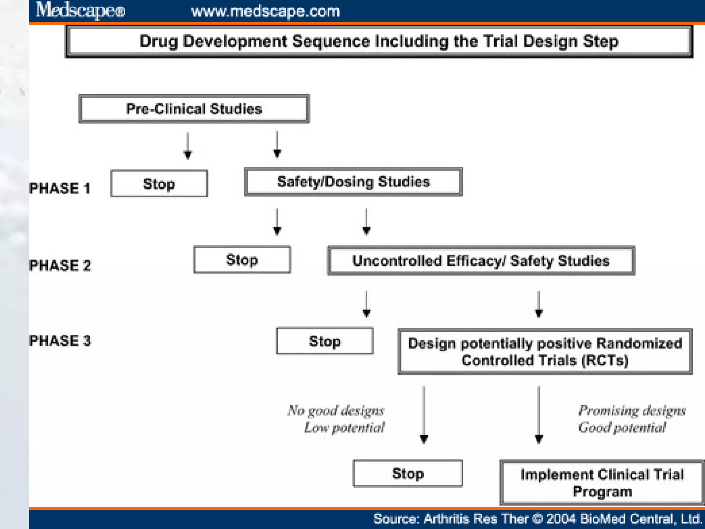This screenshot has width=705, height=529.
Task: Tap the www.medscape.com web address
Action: (x=265, y=11)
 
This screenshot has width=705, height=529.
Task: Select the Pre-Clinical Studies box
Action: (x=194, y=109)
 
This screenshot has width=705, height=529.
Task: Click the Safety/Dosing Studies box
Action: (x=354, y=182)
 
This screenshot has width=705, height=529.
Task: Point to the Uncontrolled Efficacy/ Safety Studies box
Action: (x=481, y=261)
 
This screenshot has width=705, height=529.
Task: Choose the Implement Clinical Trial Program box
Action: (x=602, y=483)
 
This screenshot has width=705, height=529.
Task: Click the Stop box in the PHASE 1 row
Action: (x=159, y=184)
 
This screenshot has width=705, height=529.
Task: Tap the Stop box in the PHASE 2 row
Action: (x=242, y=260)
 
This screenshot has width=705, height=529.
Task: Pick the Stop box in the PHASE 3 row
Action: (x=325, y=341)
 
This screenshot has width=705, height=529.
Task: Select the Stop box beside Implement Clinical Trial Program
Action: (x=408, y=474)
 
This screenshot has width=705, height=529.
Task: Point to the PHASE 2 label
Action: (x=60, y=266)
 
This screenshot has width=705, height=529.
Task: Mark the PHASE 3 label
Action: (x=60, y=341)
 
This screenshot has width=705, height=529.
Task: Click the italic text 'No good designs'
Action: (x=336, y=411)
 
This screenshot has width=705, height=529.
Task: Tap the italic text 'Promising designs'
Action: (x=632, y=411)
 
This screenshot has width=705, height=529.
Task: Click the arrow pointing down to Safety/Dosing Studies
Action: (x=277, y=145)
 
